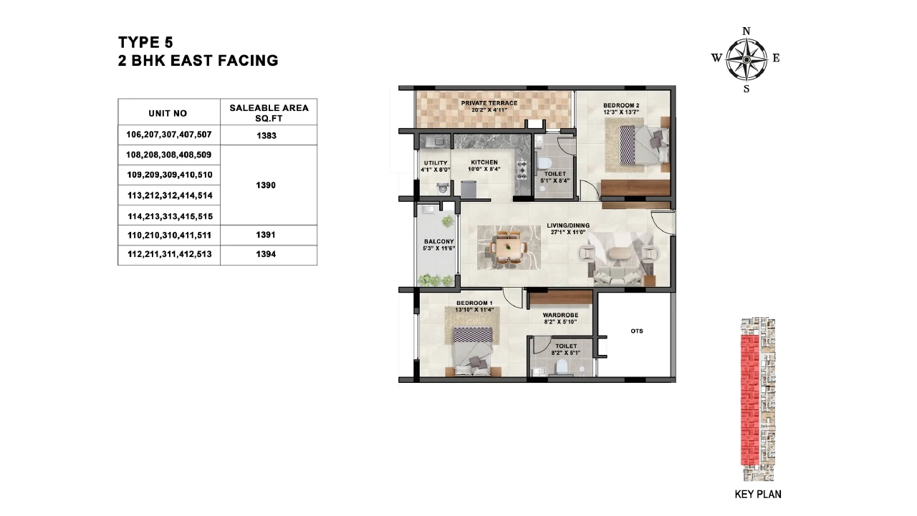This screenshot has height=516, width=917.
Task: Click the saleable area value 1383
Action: [x=267, y=136]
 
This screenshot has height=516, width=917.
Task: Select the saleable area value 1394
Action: [x=266, y=254]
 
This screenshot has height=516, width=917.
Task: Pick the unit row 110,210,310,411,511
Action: [x=170, y=235]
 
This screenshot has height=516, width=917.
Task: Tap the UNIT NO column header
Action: [x=168, y=113]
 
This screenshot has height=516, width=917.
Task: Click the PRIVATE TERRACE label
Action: [x=489, y=103]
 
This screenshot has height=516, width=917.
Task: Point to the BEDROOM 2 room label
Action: [x=621, y=105]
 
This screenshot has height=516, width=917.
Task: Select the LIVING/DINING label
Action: [x=568, y=225]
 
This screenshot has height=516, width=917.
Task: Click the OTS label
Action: [x=637, y=331]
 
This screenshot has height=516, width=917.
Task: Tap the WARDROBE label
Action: [x=560, y=315]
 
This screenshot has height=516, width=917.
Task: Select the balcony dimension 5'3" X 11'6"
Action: [x=439, y=248]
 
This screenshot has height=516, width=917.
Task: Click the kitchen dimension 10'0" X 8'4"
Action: [x=484, y=169]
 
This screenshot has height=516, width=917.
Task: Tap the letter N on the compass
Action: [x=746, y=31]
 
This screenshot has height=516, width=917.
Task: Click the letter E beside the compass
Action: [x=776, y=58]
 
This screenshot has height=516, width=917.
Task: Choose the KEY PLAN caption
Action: [x=758, y=495]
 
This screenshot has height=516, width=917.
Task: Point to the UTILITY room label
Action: [x=436, y=162]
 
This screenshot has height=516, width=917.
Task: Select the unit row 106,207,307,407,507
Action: [x=168, y=135]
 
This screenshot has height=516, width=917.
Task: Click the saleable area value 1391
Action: [x=266, y=235]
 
